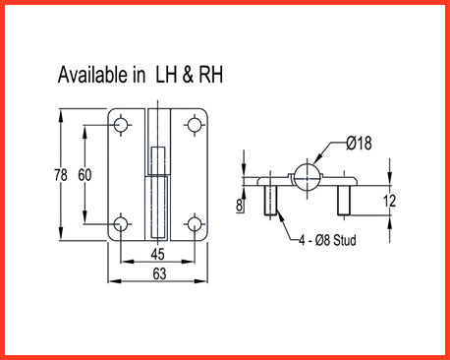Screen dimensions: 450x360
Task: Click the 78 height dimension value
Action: [x=61, y=175]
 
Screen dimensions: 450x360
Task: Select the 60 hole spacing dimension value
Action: [x=84, y=175]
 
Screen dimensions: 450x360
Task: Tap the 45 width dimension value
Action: [x=157, y=254]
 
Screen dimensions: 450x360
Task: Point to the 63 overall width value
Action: [x=159, y=273]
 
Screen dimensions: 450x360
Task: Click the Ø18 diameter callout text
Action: [x=359, y=143]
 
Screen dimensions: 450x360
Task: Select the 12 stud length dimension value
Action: [x=389, y=201]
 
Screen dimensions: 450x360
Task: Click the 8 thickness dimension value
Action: [x=240, y=205]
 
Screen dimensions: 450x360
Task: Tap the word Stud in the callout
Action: [x=345, y=240]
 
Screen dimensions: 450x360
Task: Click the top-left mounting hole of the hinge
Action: [x=121, y=125]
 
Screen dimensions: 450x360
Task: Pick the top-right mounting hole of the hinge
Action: [x=195, y=125]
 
